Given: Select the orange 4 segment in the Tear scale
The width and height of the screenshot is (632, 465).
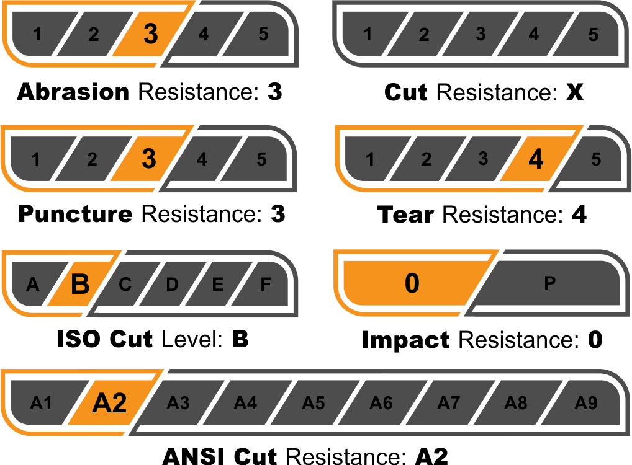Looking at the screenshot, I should [535, 159].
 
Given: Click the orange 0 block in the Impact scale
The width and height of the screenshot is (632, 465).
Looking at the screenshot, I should [412, 283].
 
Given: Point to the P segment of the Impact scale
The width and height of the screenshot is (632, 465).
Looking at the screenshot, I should [549, 283].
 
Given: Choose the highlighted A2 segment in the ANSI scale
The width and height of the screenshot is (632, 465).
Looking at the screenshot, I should [109, 404].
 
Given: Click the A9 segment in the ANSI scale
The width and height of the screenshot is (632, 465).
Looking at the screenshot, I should [585, 404].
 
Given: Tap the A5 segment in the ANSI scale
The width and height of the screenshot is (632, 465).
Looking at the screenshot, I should [314, 404].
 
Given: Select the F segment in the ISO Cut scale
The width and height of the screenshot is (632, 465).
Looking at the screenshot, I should [265, 285].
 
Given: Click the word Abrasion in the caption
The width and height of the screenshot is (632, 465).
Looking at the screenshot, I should [73, 92].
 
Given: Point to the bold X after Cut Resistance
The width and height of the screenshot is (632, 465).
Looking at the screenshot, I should [575, 92].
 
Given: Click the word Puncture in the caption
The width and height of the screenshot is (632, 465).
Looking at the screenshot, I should [75, 215].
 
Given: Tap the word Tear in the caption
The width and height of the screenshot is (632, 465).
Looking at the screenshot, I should [405, 215].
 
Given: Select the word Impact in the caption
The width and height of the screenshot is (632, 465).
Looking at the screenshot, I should [405, 340].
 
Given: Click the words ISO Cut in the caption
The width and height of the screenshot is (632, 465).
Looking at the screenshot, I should [104, 340].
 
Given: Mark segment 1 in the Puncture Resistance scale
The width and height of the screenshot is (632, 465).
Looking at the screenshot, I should [36, 159].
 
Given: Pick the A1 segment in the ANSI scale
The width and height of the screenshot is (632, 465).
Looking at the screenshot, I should [41, 404].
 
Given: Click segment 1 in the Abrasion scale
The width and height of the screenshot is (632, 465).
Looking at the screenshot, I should [38, 34].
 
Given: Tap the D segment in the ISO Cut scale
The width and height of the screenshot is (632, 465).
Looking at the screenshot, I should [172, 285].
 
